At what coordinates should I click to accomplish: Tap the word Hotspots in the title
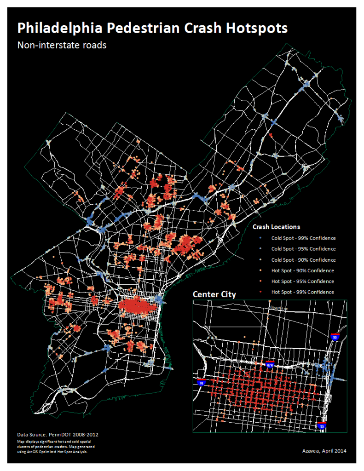pyautogui.click(x=257, y=28)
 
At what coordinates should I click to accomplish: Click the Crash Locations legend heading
pyautogui.click(x=276, y=227)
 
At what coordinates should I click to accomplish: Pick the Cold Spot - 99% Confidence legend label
pyautogui.click(x=303, y=238)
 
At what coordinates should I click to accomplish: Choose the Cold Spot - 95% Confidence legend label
pyautogui.click(x=303, y=249)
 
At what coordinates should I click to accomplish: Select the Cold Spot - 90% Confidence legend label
pyautogui.click(x=303, y=260)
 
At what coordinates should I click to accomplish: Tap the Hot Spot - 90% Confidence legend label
pyautogui.click(x=302, y=270)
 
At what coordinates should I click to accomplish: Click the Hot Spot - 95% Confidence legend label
pyautogui.click(x=302, y=281)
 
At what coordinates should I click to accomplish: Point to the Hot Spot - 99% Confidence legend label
pyautogui.click(x=302, y=292)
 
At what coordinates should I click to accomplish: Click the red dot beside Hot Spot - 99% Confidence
pyautogui.click(x=261, y=292)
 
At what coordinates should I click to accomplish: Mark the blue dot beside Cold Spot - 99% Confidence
pyautogui.click(x=261, y=238)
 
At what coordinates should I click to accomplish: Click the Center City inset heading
pyautogui.click(x=214, y=294)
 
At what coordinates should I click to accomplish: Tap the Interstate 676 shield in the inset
pyautogui.click(x=271, y=365)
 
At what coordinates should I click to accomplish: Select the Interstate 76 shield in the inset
pyautogui.click(x=201, y=382)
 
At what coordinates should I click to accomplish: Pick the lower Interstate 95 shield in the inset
pyautogui.click(x=322, y=425)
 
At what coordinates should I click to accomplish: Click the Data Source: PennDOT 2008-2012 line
pyautogui.click(x=58, y=434)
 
